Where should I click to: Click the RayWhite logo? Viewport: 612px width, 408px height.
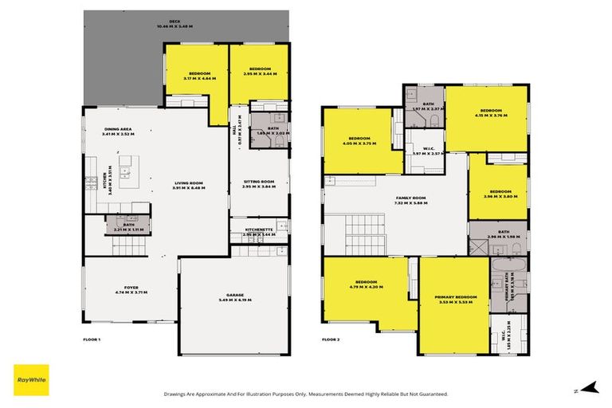coord(30,380)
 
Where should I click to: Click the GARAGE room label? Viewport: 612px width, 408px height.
coord(233,296)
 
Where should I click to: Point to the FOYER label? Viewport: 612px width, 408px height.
coord(131,289)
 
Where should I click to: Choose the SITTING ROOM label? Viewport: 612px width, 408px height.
coord(258,183)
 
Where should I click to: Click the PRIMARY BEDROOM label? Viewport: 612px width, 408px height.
coord(456,298)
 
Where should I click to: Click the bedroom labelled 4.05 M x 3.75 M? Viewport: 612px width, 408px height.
coord(359,140)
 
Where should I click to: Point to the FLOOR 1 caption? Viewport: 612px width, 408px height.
coord(92,339)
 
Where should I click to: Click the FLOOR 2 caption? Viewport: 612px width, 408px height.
coord(331,339)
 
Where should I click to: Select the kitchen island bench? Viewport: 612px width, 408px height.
coord(125,171)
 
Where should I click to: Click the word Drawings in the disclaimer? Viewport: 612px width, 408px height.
coord(176,394)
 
